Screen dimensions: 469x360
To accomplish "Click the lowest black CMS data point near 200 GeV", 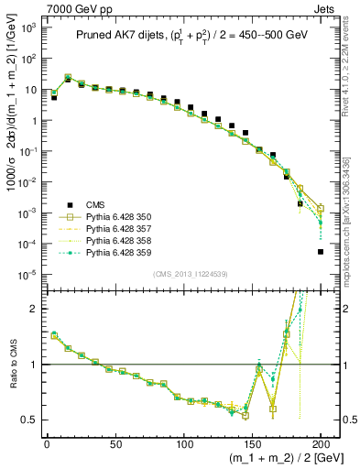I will pos(321,251).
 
